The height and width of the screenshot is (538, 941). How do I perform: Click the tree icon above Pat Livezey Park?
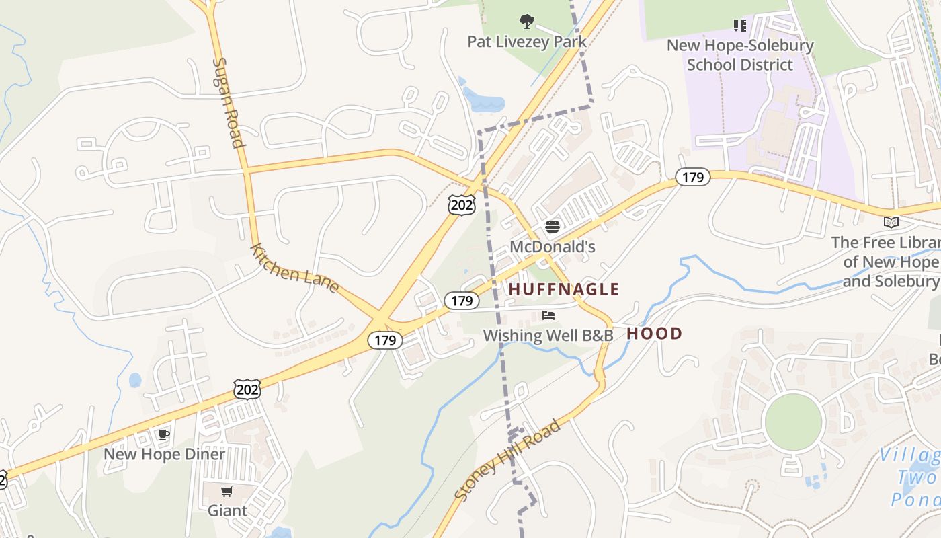[527, 22]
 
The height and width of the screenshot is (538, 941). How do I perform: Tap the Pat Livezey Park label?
[527, 42]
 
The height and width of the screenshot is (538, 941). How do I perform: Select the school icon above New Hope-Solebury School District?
[740, 26]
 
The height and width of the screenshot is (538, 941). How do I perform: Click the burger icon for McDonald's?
[553, 227]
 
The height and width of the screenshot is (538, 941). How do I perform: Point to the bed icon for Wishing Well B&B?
[548, 315]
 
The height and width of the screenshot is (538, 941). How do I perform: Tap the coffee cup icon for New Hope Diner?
[163, 434]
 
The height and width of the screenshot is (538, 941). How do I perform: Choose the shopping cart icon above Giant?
[227, 491]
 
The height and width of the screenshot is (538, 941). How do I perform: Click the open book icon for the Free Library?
[891, 222]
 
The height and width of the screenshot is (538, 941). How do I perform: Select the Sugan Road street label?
[228, 102]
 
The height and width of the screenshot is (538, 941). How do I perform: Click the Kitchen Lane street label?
[294, 268]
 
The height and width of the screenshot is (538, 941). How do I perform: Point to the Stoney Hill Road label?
[507, 461]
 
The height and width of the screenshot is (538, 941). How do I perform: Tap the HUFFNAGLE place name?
[563, 289]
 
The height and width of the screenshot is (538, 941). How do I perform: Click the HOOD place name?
[654, 334]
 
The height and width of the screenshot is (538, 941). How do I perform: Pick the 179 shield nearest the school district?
[692, 177]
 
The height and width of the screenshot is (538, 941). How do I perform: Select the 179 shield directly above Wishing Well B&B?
[462, 301]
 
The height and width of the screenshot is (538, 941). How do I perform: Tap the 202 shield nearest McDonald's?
[462, 205]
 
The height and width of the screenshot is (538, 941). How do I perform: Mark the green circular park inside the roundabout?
[794, 422]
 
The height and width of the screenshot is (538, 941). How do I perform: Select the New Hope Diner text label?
[164, 454]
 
